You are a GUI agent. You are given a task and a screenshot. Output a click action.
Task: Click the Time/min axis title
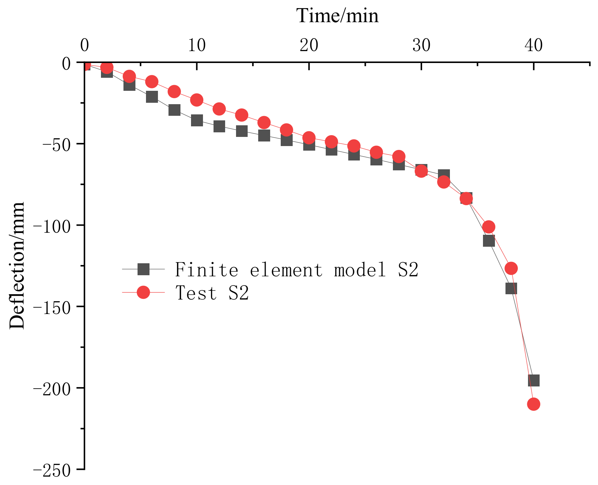coord(337,16)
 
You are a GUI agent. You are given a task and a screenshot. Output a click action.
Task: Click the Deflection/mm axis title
coord(17,266)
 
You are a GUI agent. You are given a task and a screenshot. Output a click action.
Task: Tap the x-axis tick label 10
coord(196,45)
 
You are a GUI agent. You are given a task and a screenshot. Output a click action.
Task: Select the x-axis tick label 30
coord(421,45)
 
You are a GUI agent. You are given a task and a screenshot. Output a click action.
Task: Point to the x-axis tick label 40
coord(533,45)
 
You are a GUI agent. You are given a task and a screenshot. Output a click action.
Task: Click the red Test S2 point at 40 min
coord(534,404)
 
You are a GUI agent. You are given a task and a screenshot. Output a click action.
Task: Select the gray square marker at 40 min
coord(534,380)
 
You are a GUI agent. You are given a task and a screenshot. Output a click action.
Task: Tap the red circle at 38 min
coord(511,268)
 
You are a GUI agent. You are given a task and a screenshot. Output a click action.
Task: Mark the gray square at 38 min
coord(511,289)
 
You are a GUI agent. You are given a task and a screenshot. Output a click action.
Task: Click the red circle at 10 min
coord(197,100)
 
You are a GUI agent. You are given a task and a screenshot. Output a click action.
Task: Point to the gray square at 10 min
coord(197,120)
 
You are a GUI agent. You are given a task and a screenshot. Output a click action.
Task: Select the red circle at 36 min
coord(489,227)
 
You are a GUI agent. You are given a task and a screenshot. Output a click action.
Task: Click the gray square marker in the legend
coord(144,270)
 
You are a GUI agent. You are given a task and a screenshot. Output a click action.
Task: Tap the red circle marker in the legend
coord(144,292)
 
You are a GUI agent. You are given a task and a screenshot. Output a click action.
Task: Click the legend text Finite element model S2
coord(296,270)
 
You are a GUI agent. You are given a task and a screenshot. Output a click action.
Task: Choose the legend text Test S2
coord(212,293)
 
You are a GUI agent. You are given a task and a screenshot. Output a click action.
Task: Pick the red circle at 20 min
coord(309,138)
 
